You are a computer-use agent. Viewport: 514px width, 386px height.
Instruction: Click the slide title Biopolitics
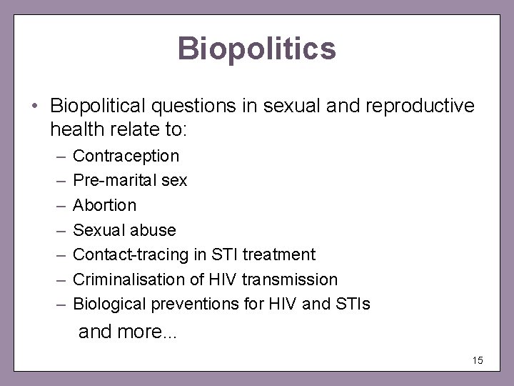[257, 49]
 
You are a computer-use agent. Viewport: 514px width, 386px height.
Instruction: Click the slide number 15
[478, 360]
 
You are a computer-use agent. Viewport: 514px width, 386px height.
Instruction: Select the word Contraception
[126, 155]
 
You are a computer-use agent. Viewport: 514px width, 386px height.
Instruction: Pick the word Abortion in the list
[105, 205]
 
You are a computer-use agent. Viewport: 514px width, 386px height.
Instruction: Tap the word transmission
[294, 279]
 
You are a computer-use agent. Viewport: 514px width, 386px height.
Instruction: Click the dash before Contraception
[58, 155]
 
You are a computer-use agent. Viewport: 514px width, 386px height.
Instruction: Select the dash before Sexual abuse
[58, 230]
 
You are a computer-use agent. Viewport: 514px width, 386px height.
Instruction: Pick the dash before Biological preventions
[58, 305]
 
